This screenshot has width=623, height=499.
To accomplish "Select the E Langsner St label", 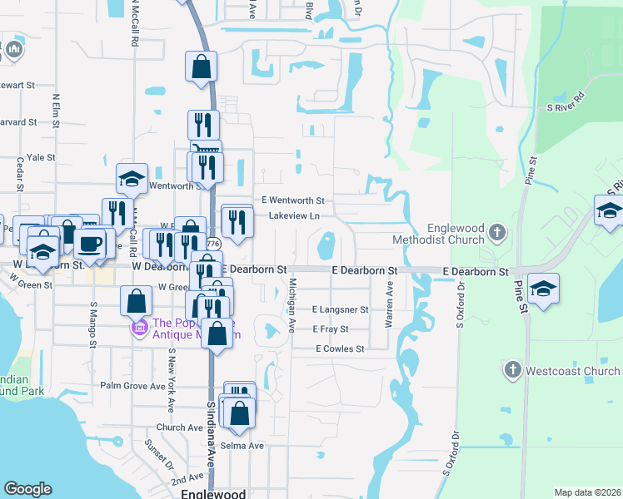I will point(340,309).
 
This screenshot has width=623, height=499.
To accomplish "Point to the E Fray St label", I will point(330,329).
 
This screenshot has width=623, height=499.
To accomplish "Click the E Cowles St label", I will point(340,349).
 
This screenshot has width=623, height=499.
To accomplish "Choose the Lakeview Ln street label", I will point(294,216).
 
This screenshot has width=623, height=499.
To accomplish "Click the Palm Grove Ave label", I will point(133,386).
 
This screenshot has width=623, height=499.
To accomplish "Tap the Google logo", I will point(27,489).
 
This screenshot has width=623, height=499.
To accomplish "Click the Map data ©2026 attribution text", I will point(587,492).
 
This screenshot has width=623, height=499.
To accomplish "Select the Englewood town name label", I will point(213,493).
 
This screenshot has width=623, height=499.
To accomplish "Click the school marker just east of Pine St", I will point(543,288).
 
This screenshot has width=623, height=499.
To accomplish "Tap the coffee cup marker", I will point(90,243).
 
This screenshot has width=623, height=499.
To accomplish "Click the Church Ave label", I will point(179,427).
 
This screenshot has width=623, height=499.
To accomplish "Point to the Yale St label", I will point(41,156).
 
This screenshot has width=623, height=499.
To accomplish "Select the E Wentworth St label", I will point(292,200).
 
